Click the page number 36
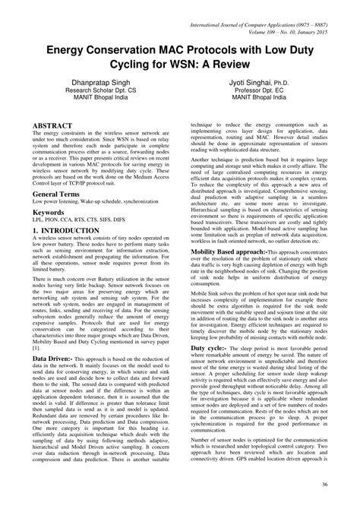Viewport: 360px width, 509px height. (x=344, y=483)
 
